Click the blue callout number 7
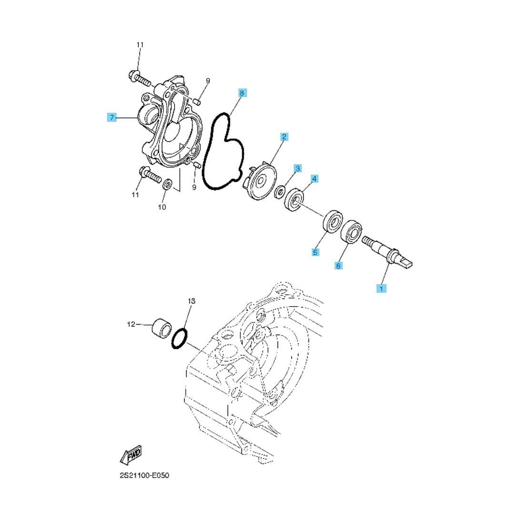[x=112, y=118]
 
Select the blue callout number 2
[x=285, y=137]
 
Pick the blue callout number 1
[x=381, y=288]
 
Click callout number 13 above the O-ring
[x=191, y=301]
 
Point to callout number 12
[x=131, y=324]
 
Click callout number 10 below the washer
[x=162, y=208]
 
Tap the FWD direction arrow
[x=131, y=455]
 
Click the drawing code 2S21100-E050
[x=145, y=476]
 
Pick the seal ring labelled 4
[x=294, y=200]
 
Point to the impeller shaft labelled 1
[x=387, y=252]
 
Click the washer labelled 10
[x=167, y=184]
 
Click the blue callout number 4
[x=314, y=179]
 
